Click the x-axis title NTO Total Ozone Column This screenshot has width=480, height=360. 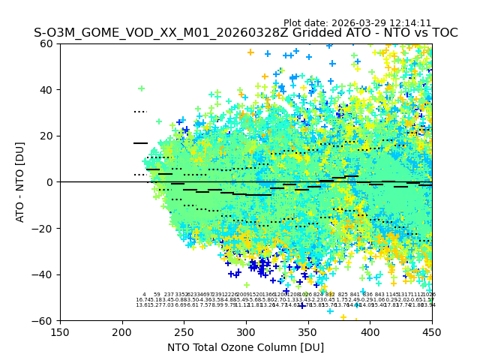246,347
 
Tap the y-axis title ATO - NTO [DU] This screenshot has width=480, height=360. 21,182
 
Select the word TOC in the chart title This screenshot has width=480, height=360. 444,33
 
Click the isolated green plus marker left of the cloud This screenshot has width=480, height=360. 141,88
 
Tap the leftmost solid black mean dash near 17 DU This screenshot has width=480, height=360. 140,142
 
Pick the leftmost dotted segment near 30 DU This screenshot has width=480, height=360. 140,112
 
